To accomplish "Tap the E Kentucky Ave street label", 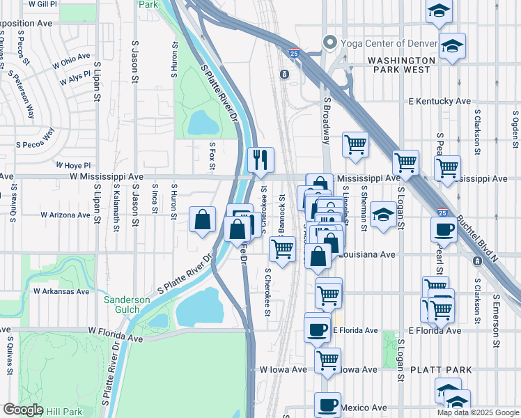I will click(440, 102).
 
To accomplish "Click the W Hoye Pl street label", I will click(72, 165).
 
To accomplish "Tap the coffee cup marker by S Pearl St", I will click(442, 230).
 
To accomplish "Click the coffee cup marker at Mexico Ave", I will click(327, 405).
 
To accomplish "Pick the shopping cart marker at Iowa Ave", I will click(327, 360).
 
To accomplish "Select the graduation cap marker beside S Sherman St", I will click(382, 214).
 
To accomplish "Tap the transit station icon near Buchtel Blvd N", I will click(477, 261).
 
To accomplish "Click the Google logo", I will click(23, 410).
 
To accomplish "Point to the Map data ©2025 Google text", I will click(478, 412).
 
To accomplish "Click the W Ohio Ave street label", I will click(71, 60).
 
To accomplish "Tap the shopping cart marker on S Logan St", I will click(405, 163).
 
